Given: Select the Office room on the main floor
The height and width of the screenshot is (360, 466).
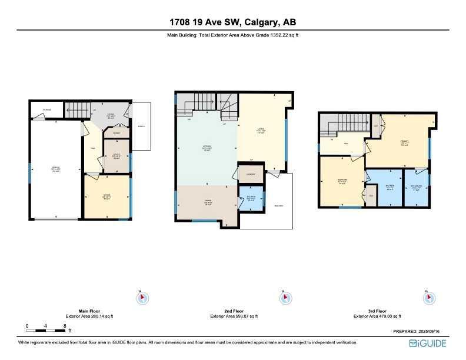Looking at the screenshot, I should pyautogui.click(x=107, y=195).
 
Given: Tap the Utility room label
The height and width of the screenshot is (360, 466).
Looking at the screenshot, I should pyautogui.click(x=116, y=156).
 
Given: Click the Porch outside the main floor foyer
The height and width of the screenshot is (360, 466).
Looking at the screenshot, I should pyautogui.click(x=141, y=126).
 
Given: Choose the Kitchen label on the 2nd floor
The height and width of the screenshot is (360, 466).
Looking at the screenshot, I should pyautogui.click(x=207, y=149).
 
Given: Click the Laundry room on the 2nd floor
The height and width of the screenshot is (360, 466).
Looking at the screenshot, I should pyautogui.click(x=251, y=174).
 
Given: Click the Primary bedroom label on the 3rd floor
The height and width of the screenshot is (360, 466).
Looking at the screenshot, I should pyautogui.click(x=405, y=142).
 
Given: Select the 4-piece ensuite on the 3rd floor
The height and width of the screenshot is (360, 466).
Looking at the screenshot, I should pyautogui.click(x=417, y=188).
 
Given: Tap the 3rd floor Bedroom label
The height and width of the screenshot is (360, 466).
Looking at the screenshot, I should pyautogui.click(x=341, y=181).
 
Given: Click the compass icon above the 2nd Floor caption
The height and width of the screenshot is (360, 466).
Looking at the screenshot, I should pyautogui.click(x=285, y=298).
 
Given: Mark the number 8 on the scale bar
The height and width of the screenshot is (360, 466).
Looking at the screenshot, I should pyautogui.click(x=64, y=325).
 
